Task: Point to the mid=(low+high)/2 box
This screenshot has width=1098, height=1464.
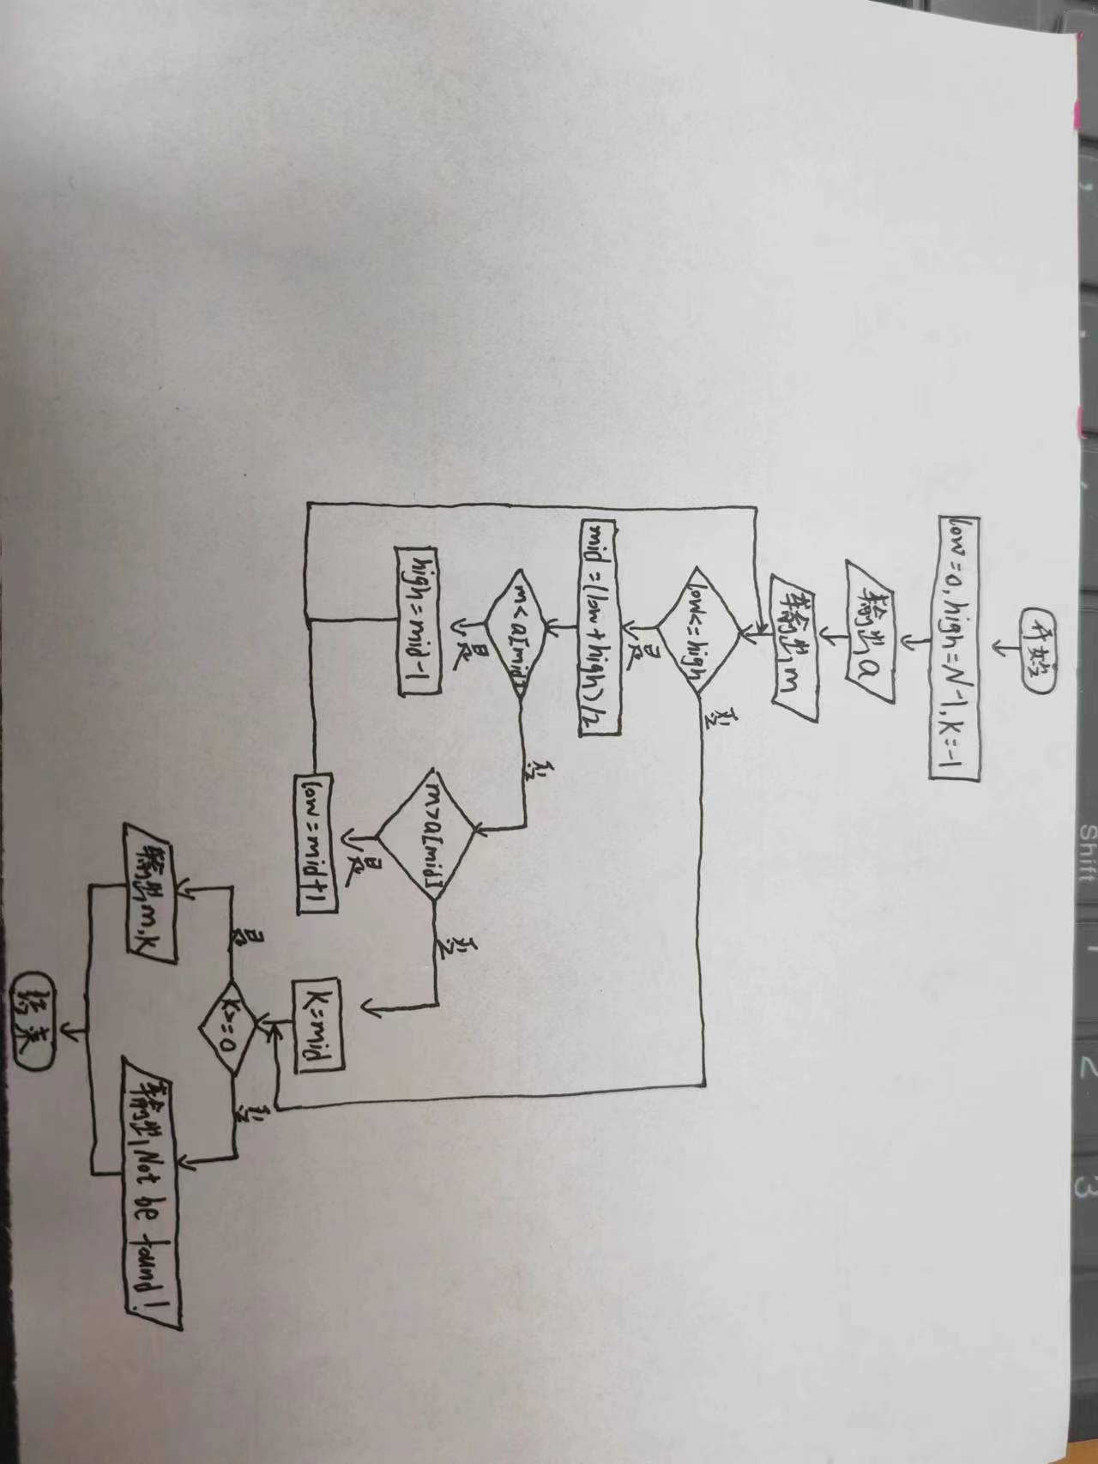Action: (x=600, y=626)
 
